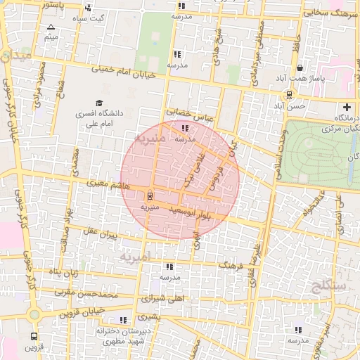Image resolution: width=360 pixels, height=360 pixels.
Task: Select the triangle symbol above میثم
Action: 50,27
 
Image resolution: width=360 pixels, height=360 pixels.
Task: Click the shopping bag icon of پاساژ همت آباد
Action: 300,68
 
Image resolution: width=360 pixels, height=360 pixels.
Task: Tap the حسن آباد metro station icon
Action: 289,94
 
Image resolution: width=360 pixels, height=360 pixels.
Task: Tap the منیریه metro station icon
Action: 149,195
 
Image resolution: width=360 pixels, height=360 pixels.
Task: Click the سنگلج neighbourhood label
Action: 326,285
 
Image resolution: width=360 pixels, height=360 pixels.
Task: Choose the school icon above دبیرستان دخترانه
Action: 124,321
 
